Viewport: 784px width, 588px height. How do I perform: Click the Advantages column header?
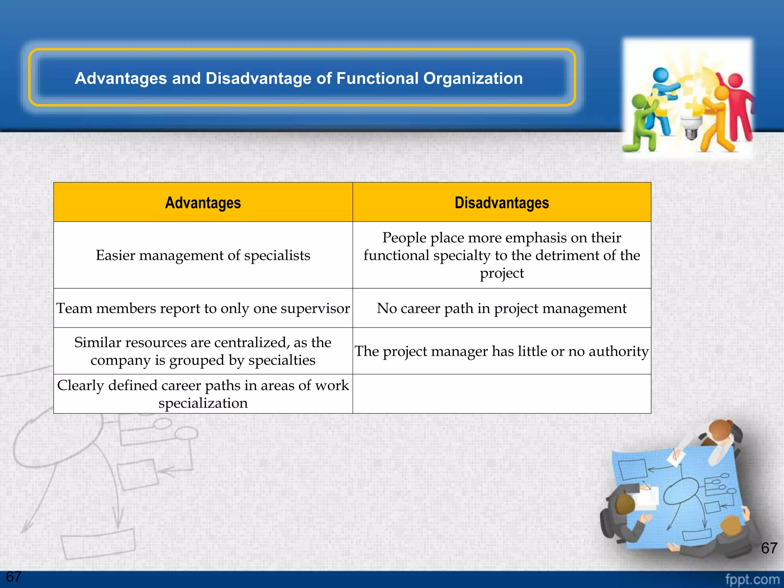pos(203,203)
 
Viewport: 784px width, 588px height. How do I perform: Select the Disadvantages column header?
pos(501,203)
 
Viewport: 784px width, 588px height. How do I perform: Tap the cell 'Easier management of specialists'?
pos(203,255)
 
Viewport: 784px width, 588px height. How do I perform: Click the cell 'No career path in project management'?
pos(501,308)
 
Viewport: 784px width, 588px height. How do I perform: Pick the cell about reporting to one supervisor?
pos(203,308)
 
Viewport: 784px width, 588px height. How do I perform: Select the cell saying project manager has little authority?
pos(501,351)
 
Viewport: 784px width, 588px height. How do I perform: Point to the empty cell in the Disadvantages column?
pos(501,394)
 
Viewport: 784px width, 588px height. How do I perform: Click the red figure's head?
pos(735,81)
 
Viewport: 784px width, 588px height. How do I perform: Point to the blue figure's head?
pos(661,74)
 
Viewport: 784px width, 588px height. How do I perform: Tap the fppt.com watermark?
pos(752,579)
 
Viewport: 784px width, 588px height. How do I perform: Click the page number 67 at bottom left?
pos(14,577)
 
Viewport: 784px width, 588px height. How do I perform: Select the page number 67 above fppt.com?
pos(769,548)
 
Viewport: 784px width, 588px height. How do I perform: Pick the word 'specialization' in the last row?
pos(203,403)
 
